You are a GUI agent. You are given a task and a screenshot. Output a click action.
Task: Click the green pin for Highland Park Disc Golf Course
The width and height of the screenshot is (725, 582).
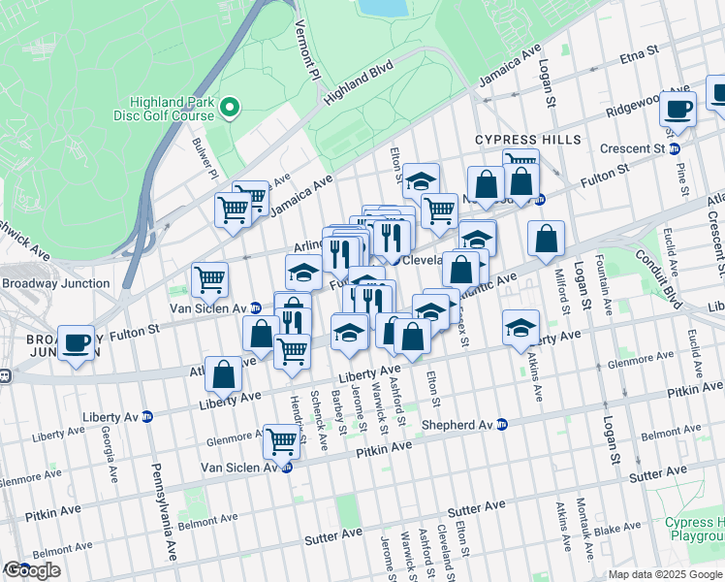[230, 106]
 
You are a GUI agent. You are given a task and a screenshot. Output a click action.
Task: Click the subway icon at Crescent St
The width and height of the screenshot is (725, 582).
[675, 148]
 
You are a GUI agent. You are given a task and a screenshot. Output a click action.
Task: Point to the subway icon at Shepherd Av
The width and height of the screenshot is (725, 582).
[502, 424]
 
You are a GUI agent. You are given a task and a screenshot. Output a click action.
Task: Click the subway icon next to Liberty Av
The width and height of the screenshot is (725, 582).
[147, 416]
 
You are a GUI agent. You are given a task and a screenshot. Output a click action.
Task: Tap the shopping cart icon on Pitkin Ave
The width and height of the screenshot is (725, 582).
[281, 440]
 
